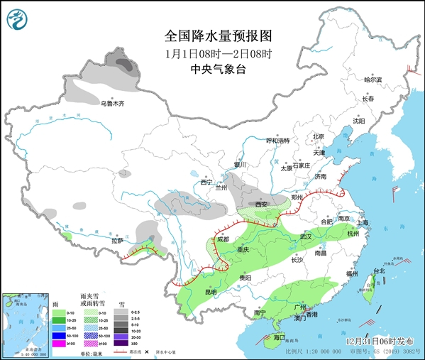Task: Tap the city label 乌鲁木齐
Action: [111, 104]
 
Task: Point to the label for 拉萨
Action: [117, 241]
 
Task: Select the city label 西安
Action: [262, 204]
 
